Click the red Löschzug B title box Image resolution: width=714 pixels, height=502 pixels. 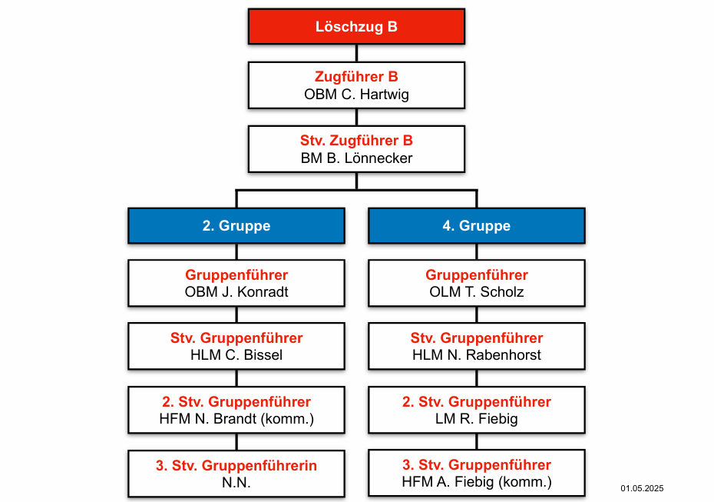point(356,26)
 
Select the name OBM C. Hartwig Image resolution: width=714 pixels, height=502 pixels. point(356,95)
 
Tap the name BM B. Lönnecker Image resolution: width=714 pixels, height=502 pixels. point(356,158)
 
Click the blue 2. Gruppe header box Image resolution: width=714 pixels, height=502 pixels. point(236,226)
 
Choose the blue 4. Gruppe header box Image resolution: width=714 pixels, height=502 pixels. point(477,226)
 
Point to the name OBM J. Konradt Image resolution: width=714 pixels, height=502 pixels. point(236,292)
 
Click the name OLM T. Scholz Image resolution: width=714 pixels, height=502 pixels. point(477,292)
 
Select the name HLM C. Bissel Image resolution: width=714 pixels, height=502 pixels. point(236,354)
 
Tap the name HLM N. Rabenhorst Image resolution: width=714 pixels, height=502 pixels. point(477,354)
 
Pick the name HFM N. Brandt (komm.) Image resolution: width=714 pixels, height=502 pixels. point(236,418)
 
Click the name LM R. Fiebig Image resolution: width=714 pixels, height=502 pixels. point(477,418)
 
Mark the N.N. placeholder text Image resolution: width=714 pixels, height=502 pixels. point(236,482)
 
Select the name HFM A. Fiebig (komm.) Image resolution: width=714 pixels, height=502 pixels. point(477,482)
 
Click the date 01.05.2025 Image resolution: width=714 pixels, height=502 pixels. point(642,488)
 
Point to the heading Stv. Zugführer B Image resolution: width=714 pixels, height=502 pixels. point(356,141)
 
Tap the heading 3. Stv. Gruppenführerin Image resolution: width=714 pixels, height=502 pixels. point(236,466)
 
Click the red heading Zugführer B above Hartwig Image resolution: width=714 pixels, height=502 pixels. point(356,77)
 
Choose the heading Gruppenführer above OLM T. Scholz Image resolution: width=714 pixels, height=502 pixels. point(477,275)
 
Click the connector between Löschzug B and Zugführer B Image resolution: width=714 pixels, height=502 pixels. point(356,53)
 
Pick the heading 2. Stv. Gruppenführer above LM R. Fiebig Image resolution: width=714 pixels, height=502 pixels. point(477,402)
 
